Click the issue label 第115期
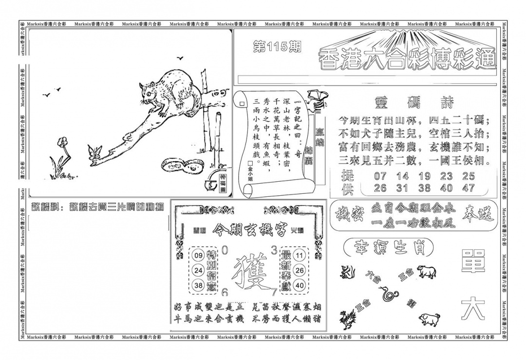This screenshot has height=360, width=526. [277, 47]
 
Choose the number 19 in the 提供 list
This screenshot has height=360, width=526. [424, 176]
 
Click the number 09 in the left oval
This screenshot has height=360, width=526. [198, 255]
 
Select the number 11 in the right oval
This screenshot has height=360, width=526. [300, 255]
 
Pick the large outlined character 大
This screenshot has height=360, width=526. [473, 308]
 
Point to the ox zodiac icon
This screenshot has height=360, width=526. [425, 271]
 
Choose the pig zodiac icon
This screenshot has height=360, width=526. [430, 319]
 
